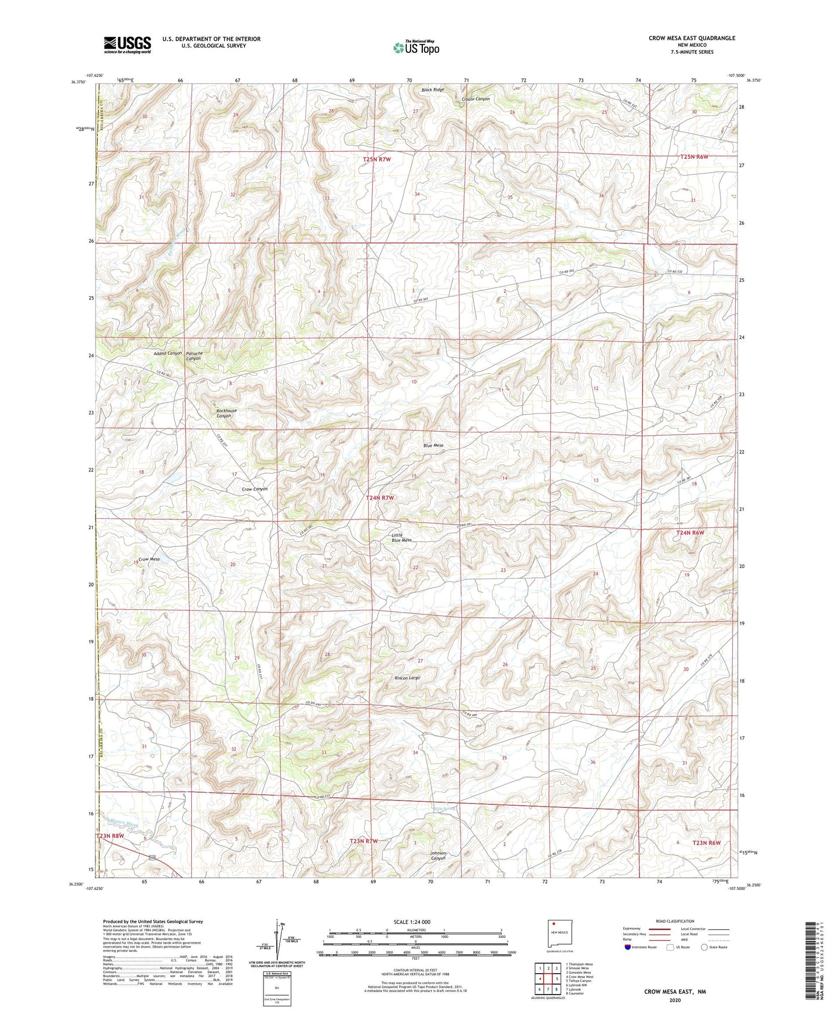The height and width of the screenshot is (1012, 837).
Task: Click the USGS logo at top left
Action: pyautogui.click(x=127, y=45)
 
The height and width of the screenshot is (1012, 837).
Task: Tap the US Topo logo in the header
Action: pyautogui.click(x=415, y=48)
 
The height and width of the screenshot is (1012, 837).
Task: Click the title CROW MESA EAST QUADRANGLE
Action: pyautogui.click(x=692, y=38)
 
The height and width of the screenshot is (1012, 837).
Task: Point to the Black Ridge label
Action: pyautogui.click(x=433, y=90)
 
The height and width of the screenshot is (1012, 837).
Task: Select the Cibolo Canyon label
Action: pyautogui.click(x=476, y=99)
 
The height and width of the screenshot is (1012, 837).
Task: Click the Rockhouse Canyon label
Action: pyautogui.click(x=226, y=413)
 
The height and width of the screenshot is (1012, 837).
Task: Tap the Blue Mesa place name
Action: pyautogui.click(x=433, y=445)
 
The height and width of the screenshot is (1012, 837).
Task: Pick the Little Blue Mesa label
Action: pyautogui.click(x=401, y=537)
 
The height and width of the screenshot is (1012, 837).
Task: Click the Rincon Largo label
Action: pyautogui.click(x=407, y=678)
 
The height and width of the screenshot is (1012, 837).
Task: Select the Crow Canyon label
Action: pyautogui.click(x=254, y=489)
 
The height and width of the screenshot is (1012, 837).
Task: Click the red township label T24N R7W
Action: pyautogui.click(x=380, y=498)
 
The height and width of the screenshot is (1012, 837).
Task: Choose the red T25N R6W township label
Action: pyautogui.click(x=695, y=157)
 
